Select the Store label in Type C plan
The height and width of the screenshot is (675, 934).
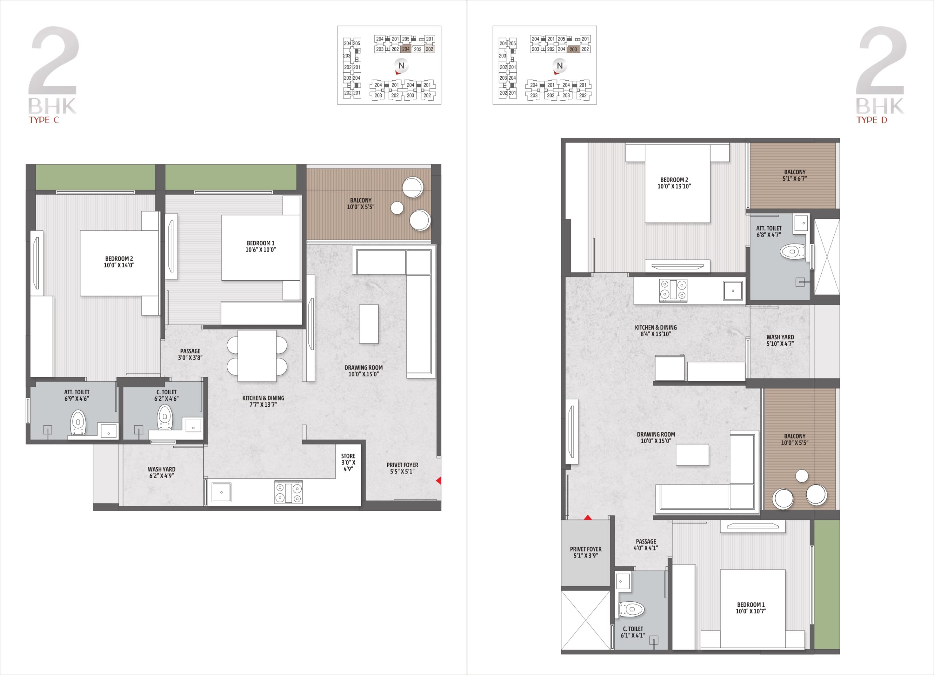tap(348, 463)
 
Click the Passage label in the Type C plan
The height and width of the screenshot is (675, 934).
tap(190, 354)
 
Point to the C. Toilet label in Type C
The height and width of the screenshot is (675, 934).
tap(166, 395)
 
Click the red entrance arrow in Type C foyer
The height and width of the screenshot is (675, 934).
tap(439, 480)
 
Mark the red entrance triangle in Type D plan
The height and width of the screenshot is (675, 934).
tap(588, 517)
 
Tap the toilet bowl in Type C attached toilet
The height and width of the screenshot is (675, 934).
tap(78, 422)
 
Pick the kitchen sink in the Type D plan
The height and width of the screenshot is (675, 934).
tap(733, 291)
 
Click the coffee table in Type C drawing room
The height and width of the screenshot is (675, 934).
tap(368, 323)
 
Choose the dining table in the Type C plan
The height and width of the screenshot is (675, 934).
tap(257, 356)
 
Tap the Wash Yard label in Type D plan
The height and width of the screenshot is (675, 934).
tap(780, 340)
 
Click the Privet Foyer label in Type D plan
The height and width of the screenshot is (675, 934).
tap(586, 552)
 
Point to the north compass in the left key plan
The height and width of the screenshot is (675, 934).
tap(401, 66)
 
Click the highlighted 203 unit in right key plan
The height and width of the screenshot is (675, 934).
tap(573, 49)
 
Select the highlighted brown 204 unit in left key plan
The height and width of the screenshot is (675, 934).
tap(406, 49)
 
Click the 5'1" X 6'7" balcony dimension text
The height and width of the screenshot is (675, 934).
tap(795, 179)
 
